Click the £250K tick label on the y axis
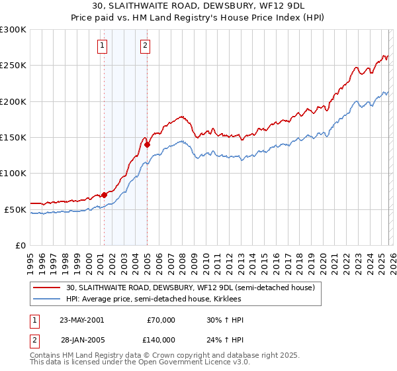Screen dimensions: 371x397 coord(13,66)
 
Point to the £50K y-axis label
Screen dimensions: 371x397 coord(15,209)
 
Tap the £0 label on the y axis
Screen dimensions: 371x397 coord(20,245)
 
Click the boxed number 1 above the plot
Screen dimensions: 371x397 coord(103,46)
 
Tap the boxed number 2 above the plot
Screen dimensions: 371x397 coord(145,46)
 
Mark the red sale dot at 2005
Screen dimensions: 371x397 coord(147,144)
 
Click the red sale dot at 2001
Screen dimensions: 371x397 coord(105,195)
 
